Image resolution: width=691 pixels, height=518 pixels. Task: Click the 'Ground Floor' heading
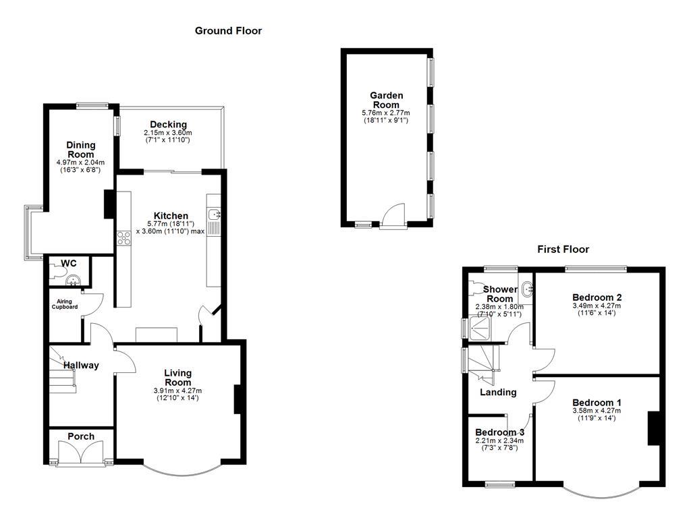click(x=228, y=30)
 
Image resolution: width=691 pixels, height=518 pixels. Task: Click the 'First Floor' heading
click(x=563, y=249)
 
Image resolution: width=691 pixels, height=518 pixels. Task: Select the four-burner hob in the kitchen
click(x=124, y=237)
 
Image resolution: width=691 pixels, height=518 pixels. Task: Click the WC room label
click(x=69, y=262)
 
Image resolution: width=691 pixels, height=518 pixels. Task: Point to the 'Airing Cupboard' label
click(x=65, y=304)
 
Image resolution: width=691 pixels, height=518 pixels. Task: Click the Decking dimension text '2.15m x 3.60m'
click(x=169, y=133)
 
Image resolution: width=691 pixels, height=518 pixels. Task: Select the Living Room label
click(x=178, y=378)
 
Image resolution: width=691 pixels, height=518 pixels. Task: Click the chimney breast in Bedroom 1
click(x=653, y=428)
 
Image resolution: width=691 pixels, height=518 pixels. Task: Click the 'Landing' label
click(x=498, y=392)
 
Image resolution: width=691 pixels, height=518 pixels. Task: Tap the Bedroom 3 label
click(x=499, y=432)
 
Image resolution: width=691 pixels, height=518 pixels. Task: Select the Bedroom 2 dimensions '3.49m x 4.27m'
click(x=597, y=306)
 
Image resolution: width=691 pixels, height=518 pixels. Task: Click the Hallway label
click(x=81, y=365)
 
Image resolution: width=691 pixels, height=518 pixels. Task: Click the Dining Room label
click(x=81, y=150)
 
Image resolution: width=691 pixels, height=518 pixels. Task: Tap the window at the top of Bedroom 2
click(x=596, y=269)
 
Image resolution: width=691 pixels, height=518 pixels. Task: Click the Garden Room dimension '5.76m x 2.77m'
click(x=386, y=113)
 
